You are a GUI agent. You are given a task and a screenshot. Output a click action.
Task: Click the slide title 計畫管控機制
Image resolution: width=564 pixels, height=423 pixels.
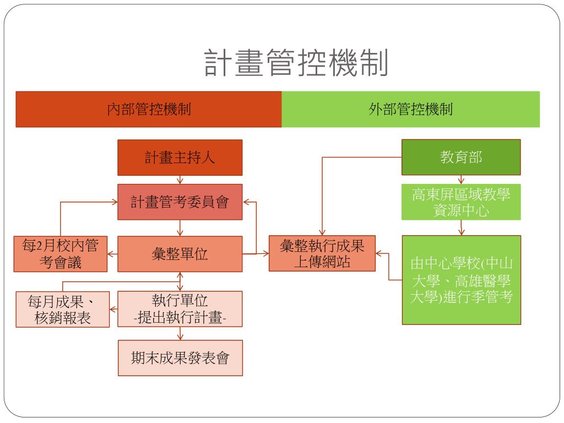(x=296, y=63)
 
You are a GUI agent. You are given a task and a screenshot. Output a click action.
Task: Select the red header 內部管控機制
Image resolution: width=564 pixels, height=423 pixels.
(x=149, y=110)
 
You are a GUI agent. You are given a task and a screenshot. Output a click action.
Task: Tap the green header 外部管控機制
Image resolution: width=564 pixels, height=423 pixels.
(x=410, y=110)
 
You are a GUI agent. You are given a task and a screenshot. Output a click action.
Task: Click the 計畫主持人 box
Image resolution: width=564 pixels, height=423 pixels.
(x=180, y=158)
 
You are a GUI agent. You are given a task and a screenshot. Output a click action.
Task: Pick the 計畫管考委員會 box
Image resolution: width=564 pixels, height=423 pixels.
(x=180, y=202)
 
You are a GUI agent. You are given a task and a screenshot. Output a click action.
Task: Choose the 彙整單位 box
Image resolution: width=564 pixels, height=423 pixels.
(x=180, y=254)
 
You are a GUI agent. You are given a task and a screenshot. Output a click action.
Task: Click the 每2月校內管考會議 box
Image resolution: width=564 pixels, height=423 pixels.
(x=61, y=254)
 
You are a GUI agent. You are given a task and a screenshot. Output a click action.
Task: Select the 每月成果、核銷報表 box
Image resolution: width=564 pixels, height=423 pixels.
(x=63, y=310)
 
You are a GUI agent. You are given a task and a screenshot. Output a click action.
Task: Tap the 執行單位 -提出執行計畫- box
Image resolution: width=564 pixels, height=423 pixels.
(x=180, y=309)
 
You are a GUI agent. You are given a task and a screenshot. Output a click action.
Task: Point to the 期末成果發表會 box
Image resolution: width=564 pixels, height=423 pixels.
(x=180, y=358)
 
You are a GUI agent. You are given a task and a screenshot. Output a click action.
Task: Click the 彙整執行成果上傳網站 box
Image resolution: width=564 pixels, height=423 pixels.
(x=322, y=253)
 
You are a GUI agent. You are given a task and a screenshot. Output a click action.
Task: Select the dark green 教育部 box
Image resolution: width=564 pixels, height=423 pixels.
(x=461, y=157)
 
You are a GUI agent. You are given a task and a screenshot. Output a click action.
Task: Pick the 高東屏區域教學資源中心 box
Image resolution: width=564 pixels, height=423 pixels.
(x=461, y=202)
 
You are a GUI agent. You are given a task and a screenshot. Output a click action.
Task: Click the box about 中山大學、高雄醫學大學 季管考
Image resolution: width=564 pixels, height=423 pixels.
(x=462, y=280)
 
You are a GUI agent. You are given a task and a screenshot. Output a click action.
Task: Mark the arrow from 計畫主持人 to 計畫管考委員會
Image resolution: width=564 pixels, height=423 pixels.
(x=180, y=180)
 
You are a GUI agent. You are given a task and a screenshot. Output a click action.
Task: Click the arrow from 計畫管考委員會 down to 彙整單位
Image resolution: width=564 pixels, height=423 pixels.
(x=180, y=228)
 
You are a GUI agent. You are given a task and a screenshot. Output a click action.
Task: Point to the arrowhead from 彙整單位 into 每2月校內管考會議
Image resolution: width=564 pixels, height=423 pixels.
(x=110, y=254)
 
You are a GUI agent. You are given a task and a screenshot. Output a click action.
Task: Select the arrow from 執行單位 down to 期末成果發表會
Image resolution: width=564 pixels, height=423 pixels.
(x=180, y=333)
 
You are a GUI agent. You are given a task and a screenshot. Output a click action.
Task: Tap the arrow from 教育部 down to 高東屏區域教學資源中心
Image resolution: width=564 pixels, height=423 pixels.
(x=461, y=180)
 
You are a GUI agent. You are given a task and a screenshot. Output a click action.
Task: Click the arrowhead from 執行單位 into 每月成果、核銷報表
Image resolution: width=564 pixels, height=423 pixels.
(x=112, y=310)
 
